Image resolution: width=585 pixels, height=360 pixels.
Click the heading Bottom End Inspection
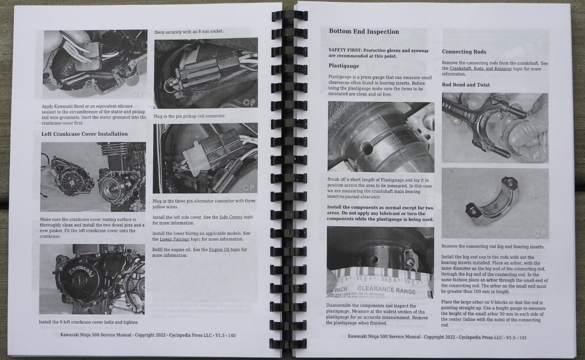364,32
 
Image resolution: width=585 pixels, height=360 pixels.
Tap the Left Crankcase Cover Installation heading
84,133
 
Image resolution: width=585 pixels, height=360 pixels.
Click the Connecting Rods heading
464,52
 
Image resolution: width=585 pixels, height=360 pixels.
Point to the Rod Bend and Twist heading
466,85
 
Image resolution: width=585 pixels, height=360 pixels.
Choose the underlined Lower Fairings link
175,239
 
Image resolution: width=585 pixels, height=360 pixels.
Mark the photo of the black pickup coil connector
205,74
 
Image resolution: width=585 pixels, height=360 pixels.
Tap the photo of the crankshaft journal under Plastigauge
380,137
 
